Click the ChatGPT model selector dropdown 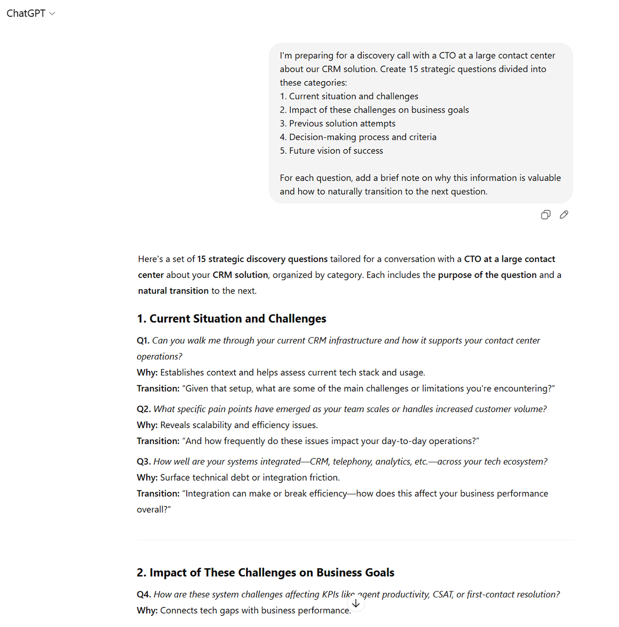(x=31, y=14)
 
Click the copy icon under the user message (x=545, y=215)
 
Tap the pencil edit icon (x=564, y=215)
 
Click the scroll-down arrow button (x=356, y=603)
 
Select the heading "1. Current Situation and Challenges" (x=232, y=319)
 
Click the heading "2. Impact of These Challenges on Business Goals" (x=265, y=573)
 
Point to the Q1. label (x=143, y=341)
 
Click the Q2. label (x=143, y=409)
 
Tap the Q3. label (x=143, y=462)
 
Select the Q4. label (x=144, y=595)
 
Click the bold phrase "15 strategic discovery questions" (x=262, y=259)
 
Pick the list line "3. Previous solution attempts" (x=338, y=124)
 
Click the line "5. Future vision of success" (x=331, y=151)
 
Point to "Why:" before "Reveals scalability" (x=147, y=425)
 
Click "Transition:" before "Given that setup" (x=158, y=389)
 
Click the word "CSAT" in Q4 (x=441, y=595)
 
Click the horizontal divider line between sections (x=356, y=539)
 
